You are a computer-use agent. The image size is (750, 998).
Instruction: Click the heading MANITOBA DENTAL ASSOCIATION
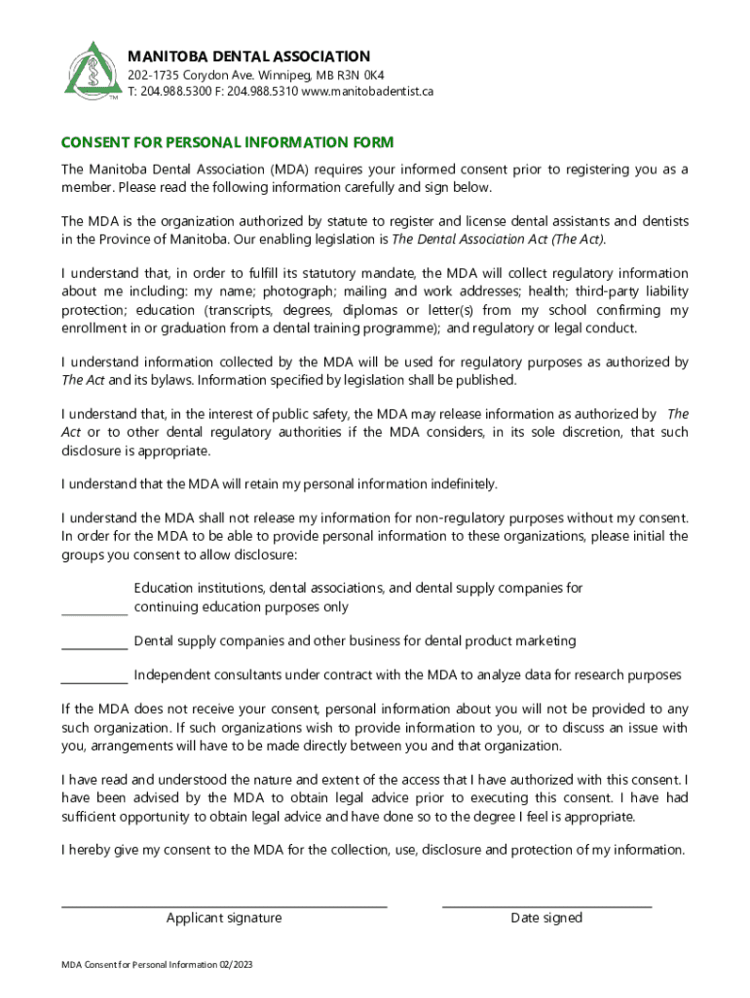click(x=249, y=57)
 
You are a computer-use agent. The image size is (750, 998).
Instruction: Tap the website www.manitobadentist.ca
click(x=367, y=91)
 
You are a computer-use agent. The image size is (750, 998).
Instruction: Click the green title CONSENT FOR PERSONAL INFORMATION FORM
click(x=227, y=142)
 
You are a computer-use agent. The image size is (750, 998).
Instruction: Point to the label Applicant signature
click(x=224, y=918)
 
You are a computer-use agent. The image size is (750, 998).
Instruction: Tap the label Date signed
click(x=546, y=918)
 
